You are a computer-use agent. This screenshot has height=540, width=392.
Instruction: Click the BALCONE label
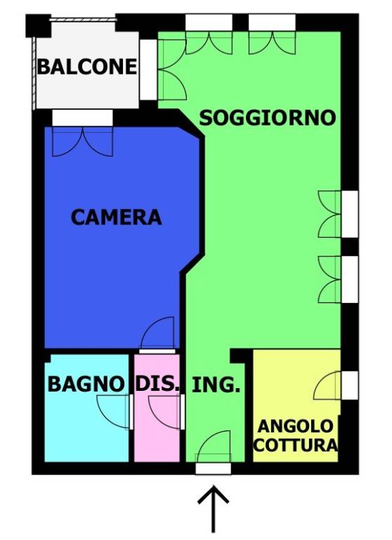tap(87, 67)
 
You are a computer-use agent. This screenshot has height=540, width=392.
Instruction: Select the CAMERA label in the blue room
tap(116, 217)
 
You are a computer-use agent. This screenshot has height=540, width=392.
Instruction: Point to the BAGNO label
tap(86, 385)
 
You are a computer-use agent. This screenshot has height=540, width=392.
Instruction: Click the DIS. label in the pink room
tap(158, 385)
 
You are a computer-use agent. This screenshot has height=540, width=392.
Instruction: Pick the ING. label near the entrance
tap(216, 385)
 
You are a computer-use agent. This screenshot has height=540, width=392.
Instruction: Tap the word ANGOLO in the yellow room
tap(295, 426)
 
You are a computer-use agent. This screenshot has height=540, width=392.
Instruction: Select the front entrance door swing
tap(214, 447)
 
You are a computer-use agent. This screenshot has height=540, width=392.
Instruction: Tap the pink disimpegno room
tap(157, 429)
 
